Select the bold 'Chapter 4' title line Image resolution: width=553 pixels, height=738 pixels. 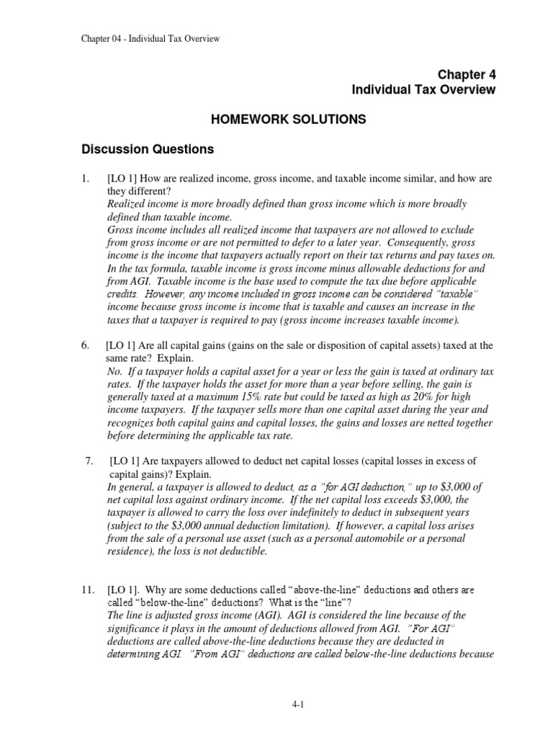pos(467,75)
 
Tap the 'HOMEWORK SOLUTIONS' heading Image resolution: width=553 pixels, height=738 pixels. pos(279,119)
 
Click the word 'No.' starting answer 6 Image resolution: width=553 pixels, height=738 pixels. pos(115,371)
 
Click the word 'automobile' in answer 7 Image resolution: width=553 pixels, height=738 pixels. pos(379,539)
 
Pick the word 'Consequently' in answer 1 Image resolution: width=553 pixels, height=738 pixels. pos(415,243)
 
